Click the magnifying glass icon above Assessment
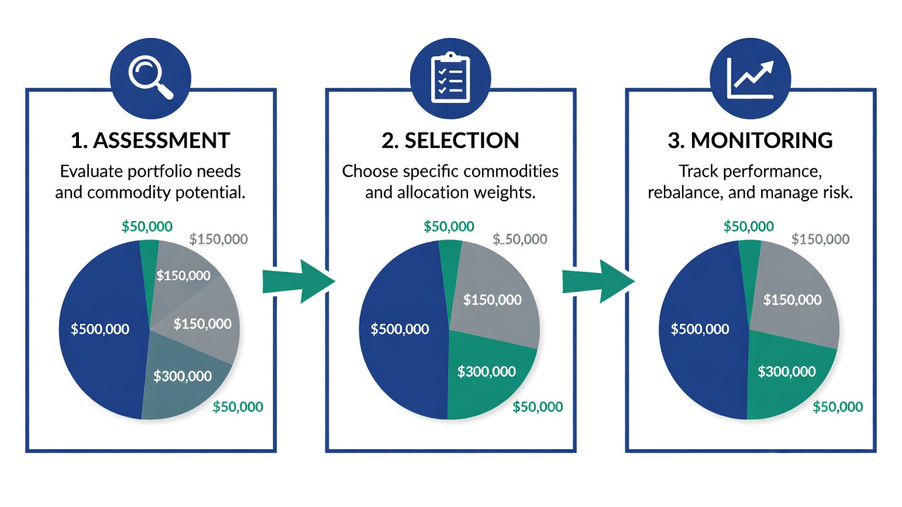151,77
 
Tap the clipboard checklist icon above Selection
450,77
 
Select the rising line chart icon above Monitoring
750,78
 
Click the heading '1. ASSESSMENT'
150,140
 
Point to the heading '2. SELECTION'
450,140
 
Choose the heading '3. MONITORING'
750,140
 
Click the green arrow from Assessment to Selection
299,281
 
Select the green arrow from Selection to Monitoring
598,281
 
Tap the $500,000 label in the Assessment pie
100,329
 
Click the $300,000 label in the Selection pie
486,371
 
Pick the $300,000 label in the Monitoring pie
787,371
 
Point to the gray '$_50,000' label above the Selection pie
520,239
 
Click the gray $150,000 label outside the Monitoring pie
821,239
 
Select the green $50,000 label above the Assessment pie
147,226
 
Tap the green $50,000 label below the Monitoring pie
838,407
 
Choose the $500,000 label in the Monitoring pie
700,329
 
